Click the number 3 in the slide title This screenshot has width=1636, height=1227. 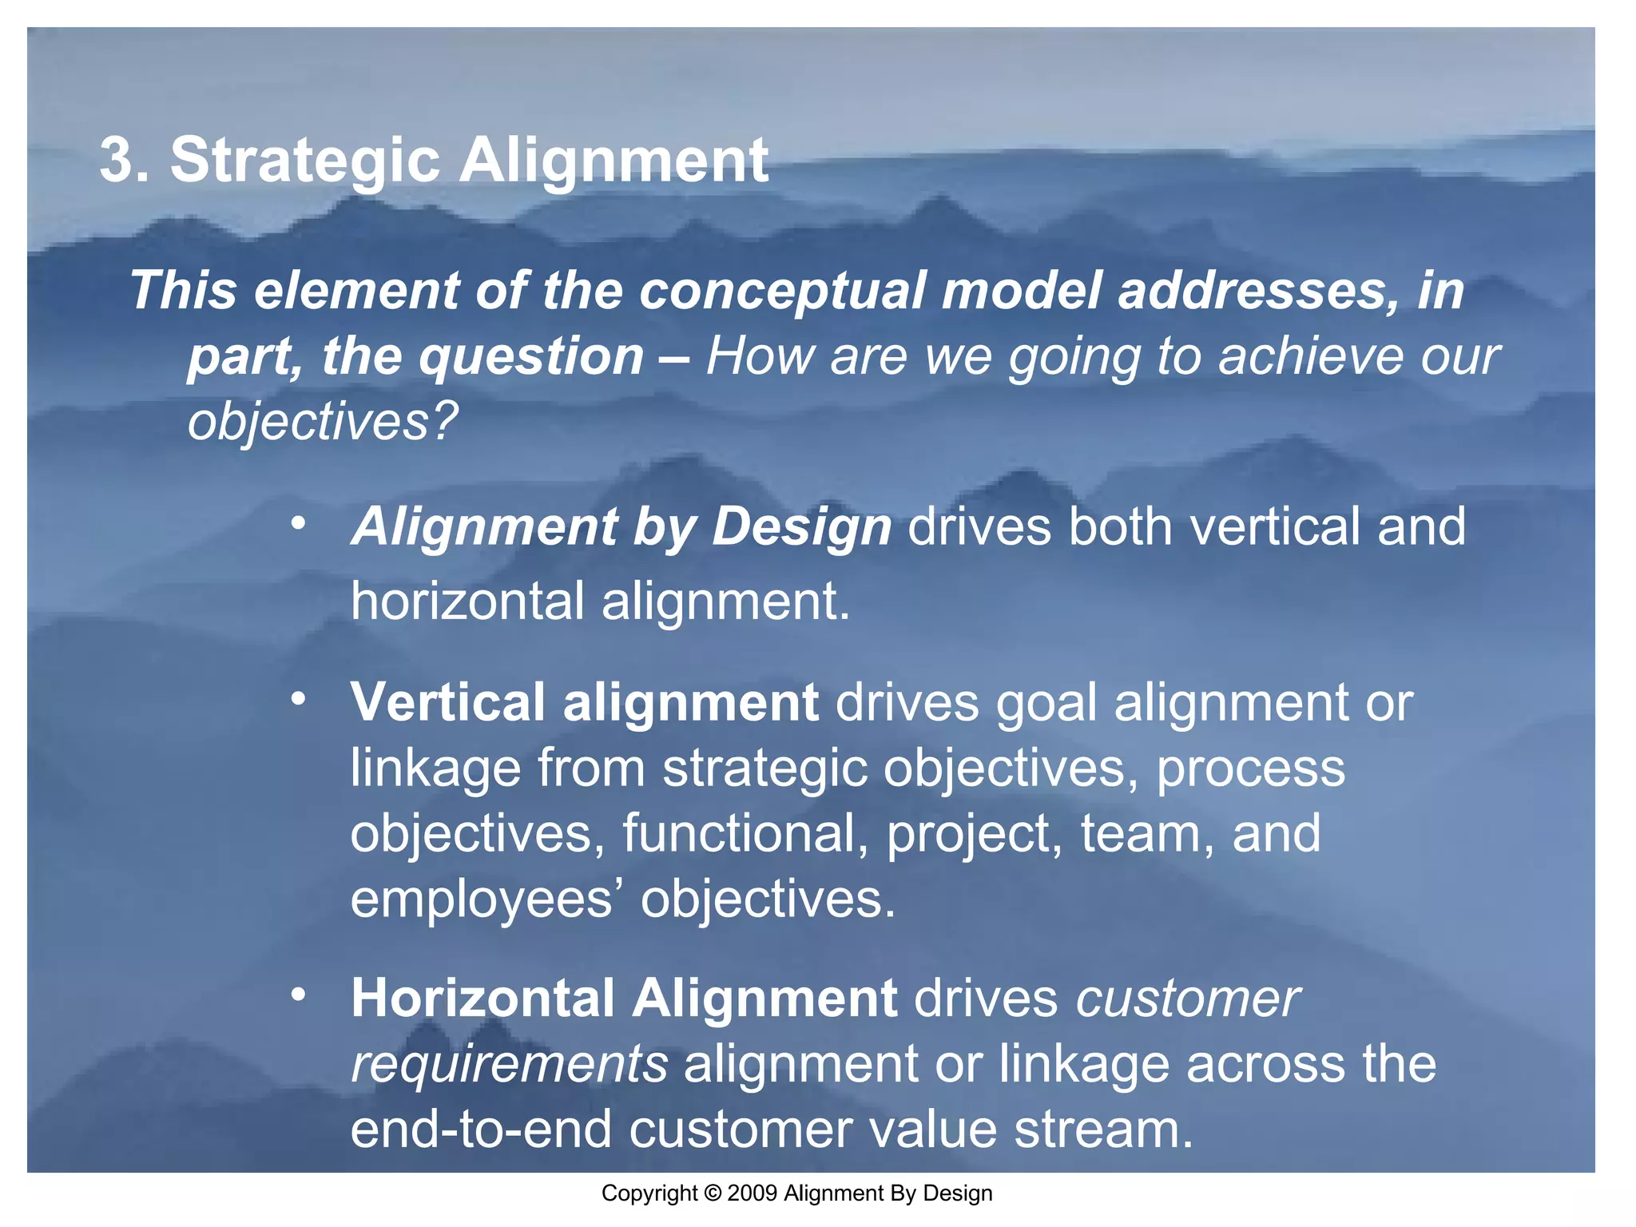point(117,161)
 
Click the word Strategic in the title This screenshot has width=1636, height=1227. point(304,161)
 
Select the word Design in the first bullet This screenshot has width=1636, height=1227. point(801,527)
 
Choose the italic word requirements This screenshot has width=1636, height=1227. point(509,1064)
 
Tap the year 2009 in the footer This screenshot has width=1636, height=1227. point(752,1193)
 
